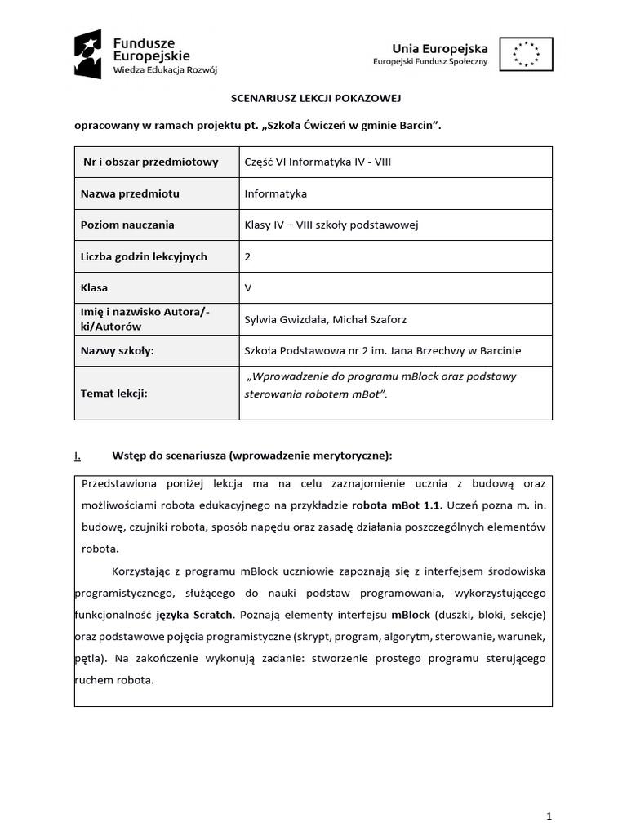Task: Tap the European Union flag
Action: pyautogui.click(x=526, y=55)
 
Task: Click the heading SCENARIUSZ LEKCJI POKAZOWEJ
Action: pyautogui.click(x=313, y=98)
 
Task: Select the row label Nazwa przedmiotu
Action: pyautogui.click(x=130, y=193)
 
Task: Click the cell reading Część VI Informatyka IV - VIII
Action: pyautogui.click(x=318, y=162)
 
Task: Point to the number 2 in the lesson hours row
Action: pyautogui.click(x=248, y=256)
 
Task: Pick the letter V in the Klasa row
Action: pyautogui.click(x=248, y=287)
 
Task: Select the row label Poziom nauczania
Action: pyautogui.click(x=127, y=225)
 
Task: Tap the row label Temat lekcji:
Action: pyautogui.click(x=113, y=393)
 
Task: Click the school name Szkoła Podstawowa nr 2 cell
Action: pyautogui.click(x=382, y=350)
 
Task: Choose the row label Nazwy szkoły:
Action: pyautogui.click(x=118, y=350)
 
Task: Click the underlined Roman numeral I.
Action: pyautogui.click(x=77, y=455)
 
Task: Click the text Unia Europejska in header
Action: pyautogui.click(x=440, y=48)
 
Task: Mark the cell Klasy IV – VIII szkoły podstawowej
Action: pyautogui.click(x=331, y=225)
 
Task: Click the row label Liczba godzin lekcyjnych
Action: pyautogui.click(x=144, y=256)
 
